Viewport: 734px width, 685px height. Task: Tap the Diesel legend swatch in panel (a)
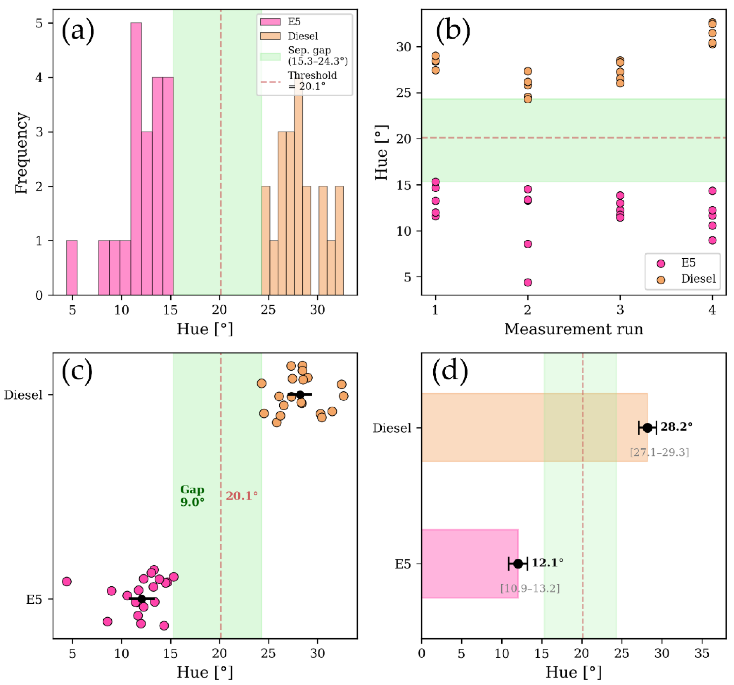tap(270, 36)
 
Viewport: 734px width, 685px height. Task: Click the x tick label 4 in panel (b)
tap(712, 310)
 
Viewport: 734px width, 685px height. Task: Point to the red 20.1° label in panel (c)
tap(242, 496)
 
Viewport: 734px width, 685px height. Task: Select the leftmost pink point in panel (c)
tap(67, 582)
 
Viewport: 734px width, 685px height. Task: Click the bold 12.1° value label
tap(547, 563)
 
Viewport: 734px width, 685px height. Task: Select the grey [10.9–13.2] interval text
tap(530, 588)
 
